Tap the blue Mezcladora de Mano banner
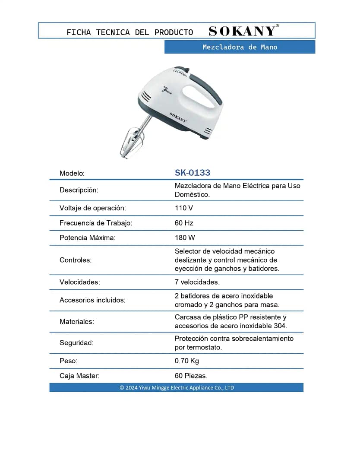coord(240,47)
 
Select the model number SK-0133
coord(193,173)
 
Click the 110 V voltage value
coord(184,208)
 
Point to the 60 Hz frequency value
coord(184,223)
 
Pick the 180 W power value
coord(185,238)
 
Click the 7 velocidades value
coord(197,282)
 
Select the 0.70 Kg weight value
coord(187,361)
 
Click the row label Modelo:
coord(72,173)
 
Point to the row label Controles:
coord(76,260)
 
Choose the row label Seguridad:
coord(76,343)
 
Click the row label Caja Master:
coord(79,376)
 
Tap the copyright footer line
coord(177,387)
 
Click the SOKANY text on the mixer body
coord(178,117)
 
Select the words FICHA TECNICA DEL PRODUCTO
coord(130,32)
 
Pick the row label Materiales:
coord(77,322)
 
